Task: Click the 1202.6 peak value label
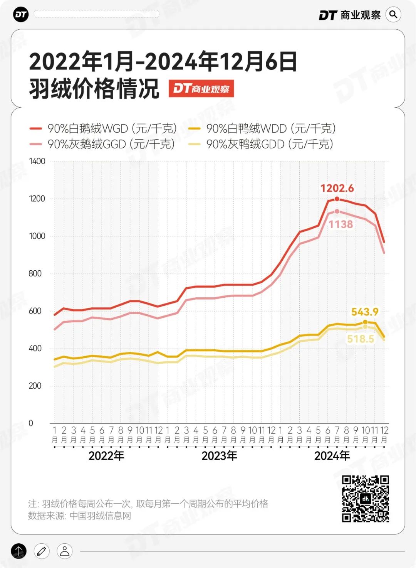click(x=337, y=188)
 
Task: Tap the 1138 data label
click(x=341, y=224)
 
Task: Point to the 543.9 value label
click(x=364, y=312)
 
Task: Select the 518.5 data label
click(x=361, y=339)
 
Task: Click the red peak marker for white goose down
click(x=337, y=199)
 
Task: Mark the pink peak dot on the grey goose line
click(x=337, y=211)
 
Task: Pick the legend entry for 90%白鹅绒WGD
click(x=103, y=128)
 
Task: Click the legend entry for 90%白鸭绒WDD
click(x=262, y=128)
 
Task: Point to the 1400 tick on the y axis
click(x=37, y=161)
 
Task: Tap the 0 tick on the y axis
click(x=31, y=423)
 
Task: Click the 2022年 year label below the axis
click(x=106, y=456)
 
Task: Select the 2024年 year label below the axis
click(x=332, y=456)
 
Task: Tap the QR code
click(x=365, y=499)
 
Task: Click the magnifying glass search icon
click(x=393, y=15)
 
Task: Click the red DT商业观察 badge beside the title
click(x=201, y=89)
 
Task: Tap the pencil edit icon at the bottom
click(x=42, y=551)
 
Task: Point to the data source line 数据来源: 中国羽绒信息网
click(x=80, y=516)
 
